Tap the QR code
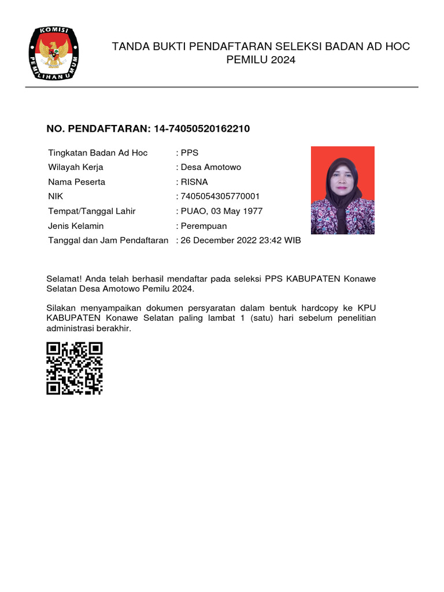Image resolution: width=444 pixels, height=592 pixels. click(75, 368)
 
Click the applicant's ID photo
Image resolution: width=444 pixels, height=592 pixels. click(342, 190)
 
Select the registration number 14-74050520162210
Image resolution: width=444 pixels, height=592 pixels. click(202, 128)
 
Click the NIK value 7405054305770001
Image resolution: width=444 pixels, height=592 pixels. click(220, 197)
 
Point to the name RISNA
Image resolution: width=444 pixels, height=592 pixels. click(194, 182)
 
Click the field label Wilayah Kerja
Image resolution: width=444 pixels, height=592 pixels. click(76, 168)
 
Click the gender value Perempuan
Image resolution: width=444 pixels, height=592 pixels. click(203, 226)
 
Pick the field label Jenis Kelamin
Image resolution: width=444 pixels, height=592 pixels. click(76, 226)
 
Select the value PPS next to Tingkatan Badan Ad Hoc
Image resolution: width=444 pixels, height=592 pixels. click(190, 153)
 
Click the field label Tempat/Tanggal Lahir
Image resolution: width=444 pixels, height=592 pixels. click(91, 211)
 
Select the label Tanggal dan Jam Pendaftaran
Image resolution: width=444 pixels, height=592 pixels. click(108, 240)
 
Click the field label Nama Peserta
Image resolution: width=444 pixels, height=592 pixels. click(76, 182)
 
